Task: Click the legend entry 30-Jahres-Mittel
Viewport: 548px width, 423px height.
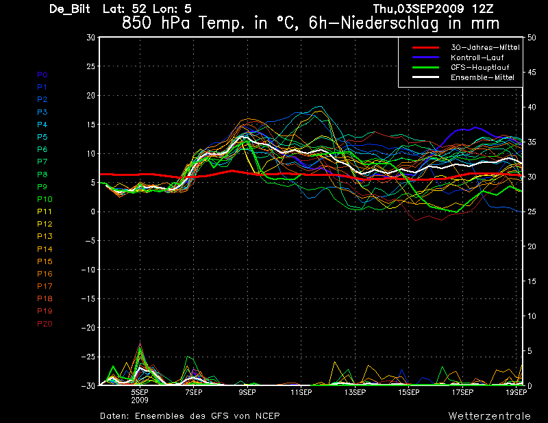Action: tap(485, 47)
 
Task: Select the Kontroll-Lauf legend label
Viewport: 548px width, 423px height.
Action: tap(477, 57)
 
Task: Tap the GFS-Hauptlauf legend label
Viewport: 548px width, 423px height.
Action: tap(480, 67)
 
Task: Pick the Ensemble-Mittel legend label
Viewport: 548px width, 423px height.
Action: tap(482, 77)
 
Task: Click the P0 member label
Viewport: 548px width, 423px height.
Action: tap(42, 75)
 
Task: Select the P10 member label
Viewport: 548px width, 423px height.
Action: tap(45, 199)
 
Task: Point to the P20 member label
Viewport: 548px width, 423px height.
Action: tap(45, 324)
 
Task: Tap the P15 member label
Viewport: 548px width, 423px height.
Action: tap(45, 261)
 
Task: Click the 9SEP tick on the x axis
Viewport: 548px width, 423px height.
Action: tap(247, 392)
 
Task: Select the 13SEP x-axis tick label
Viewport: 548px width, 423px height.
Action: tap(355, 392)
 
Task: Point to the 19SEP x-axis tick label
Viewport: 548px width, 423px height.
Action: tap(516, 392)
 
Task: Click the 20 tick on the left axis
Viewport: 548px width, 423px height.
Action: tap(91, 95)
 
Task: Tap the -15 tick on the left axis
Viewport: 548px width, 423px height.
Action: tap(88, 298)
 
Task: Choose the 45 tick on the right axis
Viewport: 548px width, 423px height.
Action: tap(532, 73)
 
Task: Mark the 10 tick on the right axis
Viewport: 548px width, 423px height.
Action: tap(532, 316)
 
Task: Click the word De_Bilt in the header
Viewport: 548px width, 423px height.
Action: tap(70, 9)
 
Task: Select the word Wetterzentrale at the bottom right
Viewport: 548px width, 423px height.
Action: tap(489, 416)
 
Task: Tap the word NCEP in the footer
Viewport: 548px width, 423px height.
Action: tap(267, 416)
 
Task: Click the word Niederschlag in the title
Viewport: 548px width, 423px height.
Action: tap(389, 24)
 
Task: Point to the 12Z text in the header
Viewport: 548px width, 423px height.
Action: tap(482, 9)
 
